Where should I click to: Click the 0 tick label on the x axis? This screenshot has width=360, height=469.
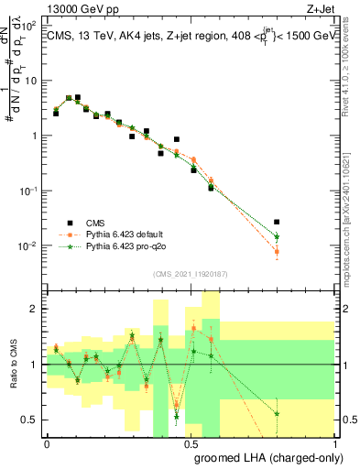click(47, 442)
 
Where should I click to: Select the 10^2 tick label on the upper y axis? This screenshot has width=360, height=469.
click(30, 26)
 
